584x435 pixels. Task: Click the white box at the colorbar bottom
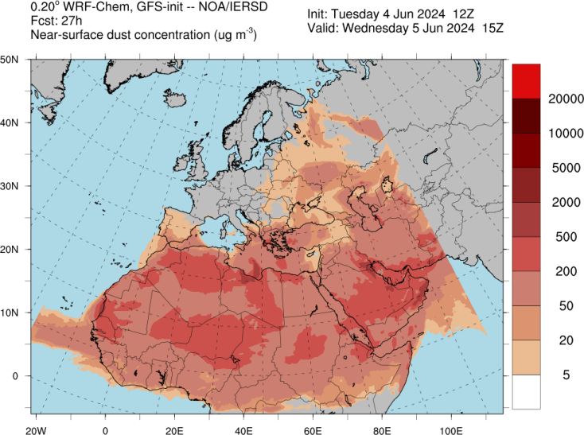click(526, 392)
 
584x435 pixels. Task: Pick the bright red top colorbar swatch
click(526, 81)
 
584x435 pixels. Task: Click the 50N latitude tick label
click(10, 60)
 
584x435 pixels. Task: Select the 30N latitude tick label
click(10, 186)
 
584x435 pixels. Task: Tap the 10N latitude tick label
click(10, 312)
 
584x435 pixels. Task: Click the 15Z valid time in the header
click(486, 30)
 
